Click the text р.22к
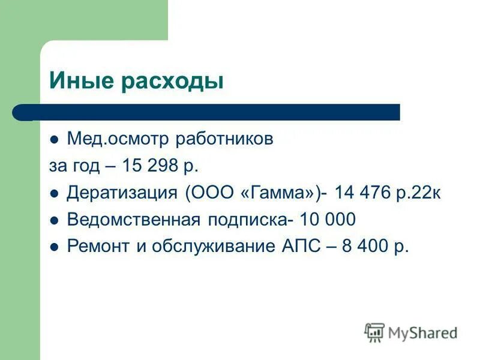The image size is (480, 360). point(420,194)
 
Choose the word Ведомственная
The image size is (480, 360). point(133,220)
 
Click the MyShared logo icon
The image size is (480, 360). point(374,332)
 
